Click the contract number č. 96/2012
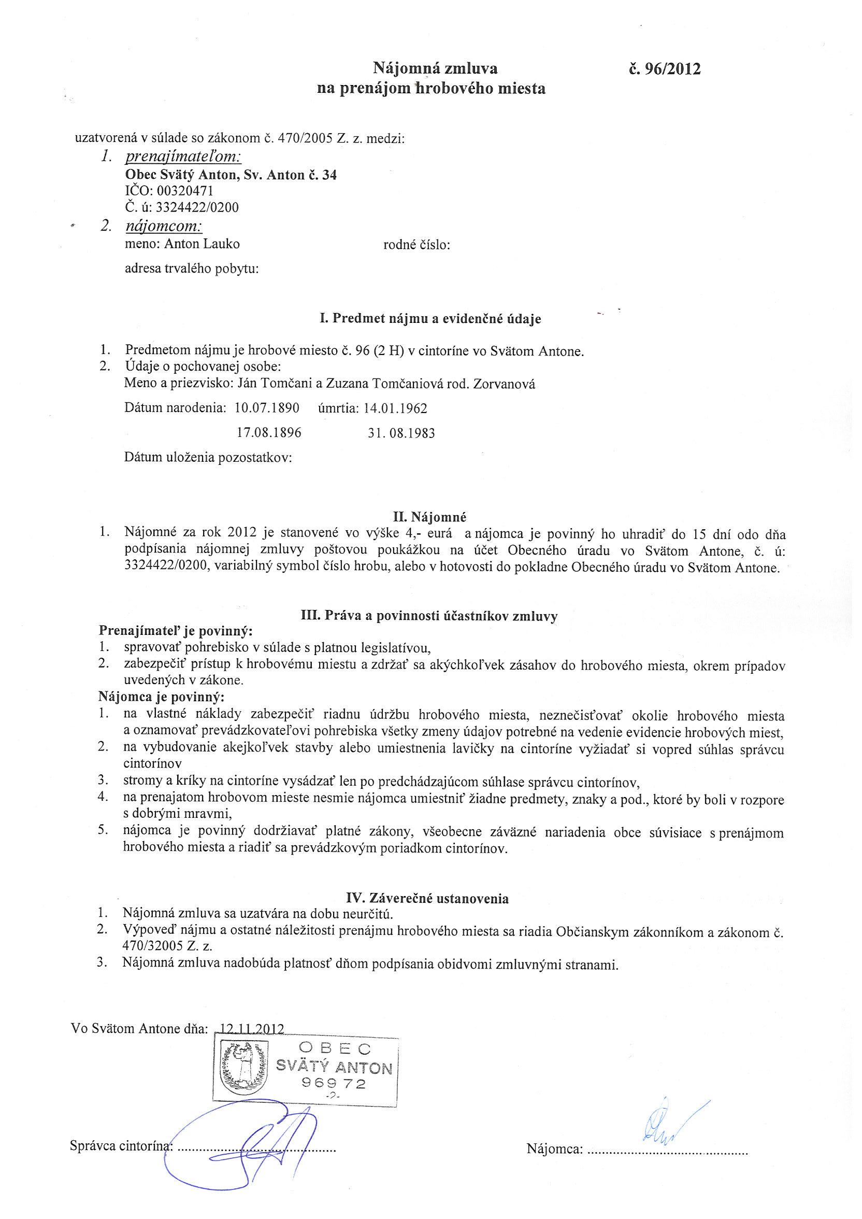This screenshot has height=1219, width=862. tap(665, 68)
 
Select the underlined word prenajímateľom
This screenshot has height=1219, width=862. tap(183, 157)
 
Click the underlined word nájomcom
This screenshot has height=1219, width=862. tap(164, 226)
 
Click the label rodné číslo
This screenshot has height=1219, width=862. tap(416, 245)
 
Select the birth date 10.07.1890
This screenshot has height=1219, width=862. tap(267, 408)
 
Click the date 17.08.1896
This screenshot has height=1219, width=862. tap(269, 433)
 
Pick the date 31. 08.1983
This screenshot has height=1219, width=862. tap(401, 433)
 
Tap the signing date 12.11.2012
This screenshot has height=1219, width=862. tap(249, 1028)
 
